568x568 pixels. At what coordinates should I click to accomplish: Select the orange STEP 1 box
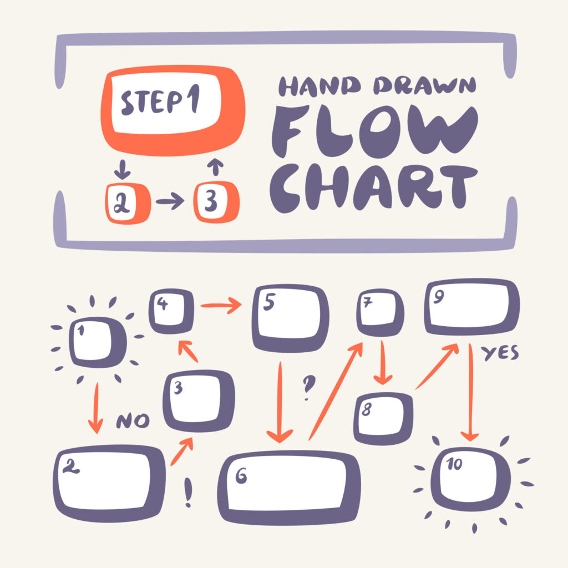tap(172, 109)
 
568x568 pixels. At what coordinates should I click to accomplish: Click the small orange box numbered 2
tap(128, 203)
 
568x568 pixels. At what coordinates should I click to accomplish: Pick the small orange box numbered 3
tap(216, 202)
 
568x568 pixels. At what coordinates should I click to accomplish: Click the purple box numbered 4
tap(171, 311)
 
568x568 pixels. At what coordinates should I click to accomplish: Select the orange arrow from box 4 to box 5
tap(221, 305)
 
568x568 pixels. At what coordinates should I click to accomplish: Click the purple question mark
tap(307, 388)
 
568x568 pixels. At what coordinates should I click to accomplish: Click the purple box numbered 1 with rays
tap(98, 342)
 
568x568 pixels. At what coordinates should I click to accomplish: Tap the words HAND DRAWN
tap(377, 86)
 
